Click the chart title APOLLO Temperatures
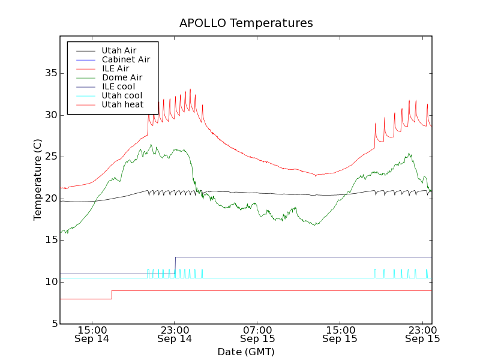click(246, 23)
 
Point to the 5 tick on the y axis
click(52, 324)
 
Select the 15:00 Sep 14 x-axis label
click(92, 334)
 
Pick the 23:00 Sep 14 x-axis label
click(175, 334)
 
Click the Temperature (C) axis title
click(38, 180)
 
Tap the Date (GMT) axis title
click(246, 352)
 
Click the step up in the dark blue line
click(175, 265)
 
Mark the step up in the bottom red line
click(112, 295)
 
